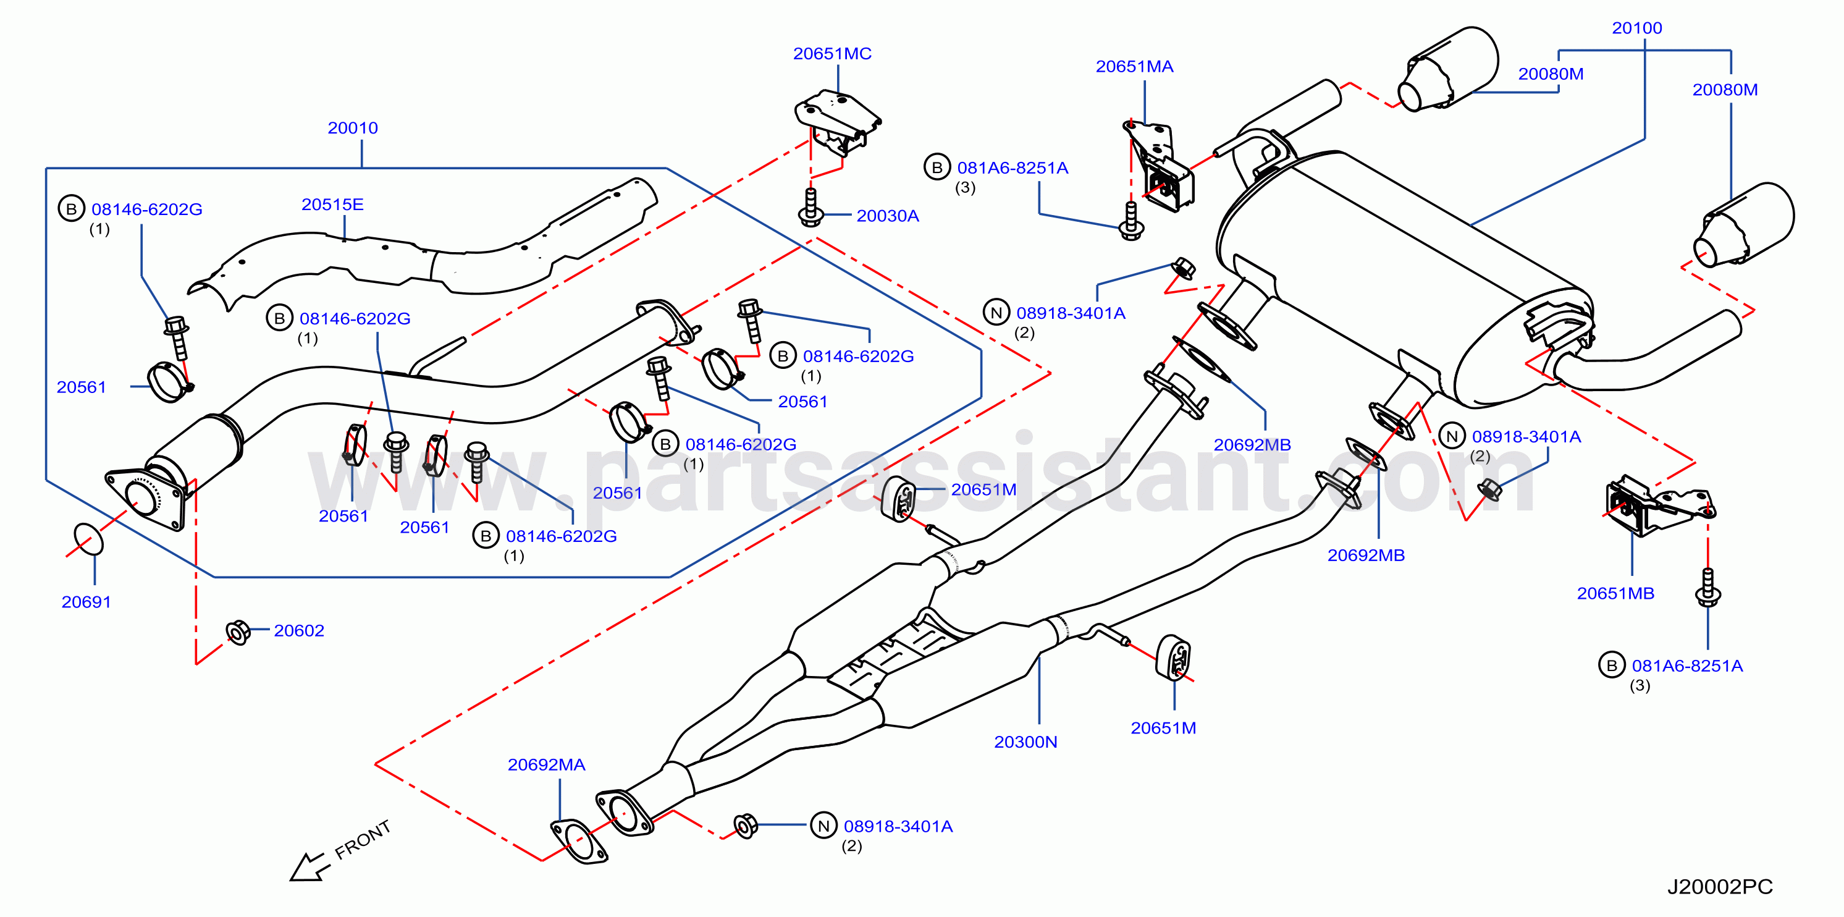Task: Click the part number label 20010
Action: (x=352, y=128)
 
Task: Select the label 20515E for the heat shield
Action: (x=332, y=205)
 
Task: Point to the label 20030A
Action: (x=887, y=216)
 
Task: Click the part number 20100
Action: (x=1636, y=28)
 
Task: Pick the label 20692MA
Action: (x=546, y=765)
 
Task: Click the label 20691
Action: (x=86, y=602)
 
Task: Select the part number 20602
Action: (x=298, y=632)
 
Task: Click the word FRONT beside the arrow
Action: (x=362, y=840)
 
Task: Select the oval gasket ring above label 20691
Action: (x=88, y=538)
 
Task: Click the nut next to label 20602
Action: (x=238, y=632)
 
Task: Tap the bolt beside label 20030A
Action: (x=810, y=208)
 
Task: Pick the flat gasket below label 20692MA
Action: (x=578, y=842)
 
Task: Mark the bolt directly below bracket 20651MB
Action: (x=1708, y=588)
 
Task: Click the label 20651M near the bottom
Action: (x=1163, y=729)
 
